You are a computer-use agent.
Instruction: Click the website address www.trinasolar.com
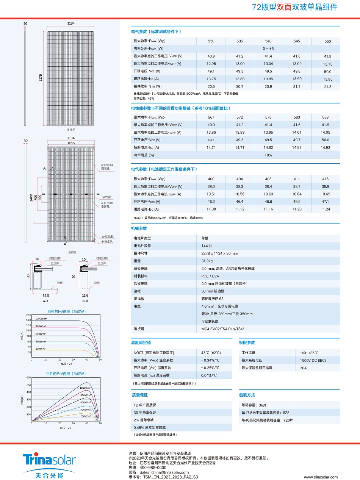click(320, 477)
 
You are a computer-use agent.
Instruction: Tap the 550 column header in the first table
click(327, 41)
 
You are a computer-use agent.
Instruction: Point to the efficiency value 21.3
click(327, 87)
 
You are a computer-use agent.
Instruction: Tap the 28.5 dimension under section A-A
click(45, 295)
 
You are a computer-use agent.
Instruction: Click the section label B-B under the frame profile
click(85, 301)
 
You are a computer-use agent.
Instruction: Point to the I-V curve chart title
click(67, 311)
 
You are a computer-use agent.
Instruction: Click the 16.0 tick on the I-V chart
click(28, 315)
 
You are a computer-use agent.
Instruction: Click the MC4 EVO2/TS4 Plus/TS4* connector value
click(222, 329)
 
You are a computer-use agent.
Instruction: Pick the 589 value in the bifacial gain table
click(325, 117)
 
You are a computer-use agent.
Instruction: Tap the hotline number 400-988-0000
click(153, 467)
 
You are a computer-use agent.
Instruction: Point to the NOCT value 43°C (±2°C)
click(211, 353)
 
